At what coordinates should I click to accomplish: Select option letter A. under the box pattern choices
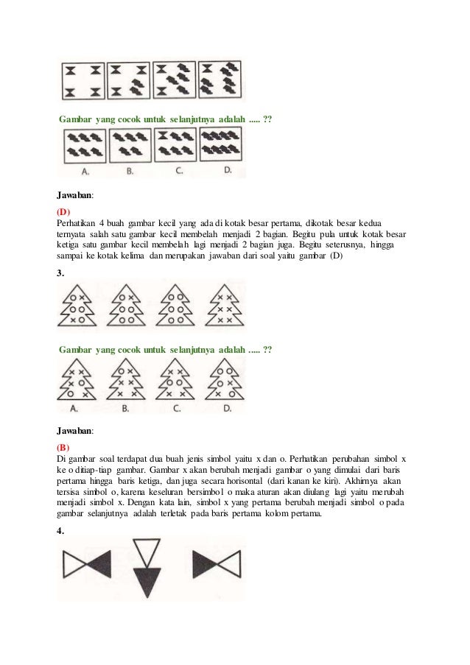click(x=85, y=172)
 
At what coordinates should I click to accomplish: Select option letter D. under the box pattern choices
click(x=228, y=171)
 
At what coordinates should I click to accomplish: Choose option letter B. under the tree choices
click(x=125, y=407)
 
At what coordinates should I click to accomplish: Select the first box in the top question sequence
click(x=83, y=80)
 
